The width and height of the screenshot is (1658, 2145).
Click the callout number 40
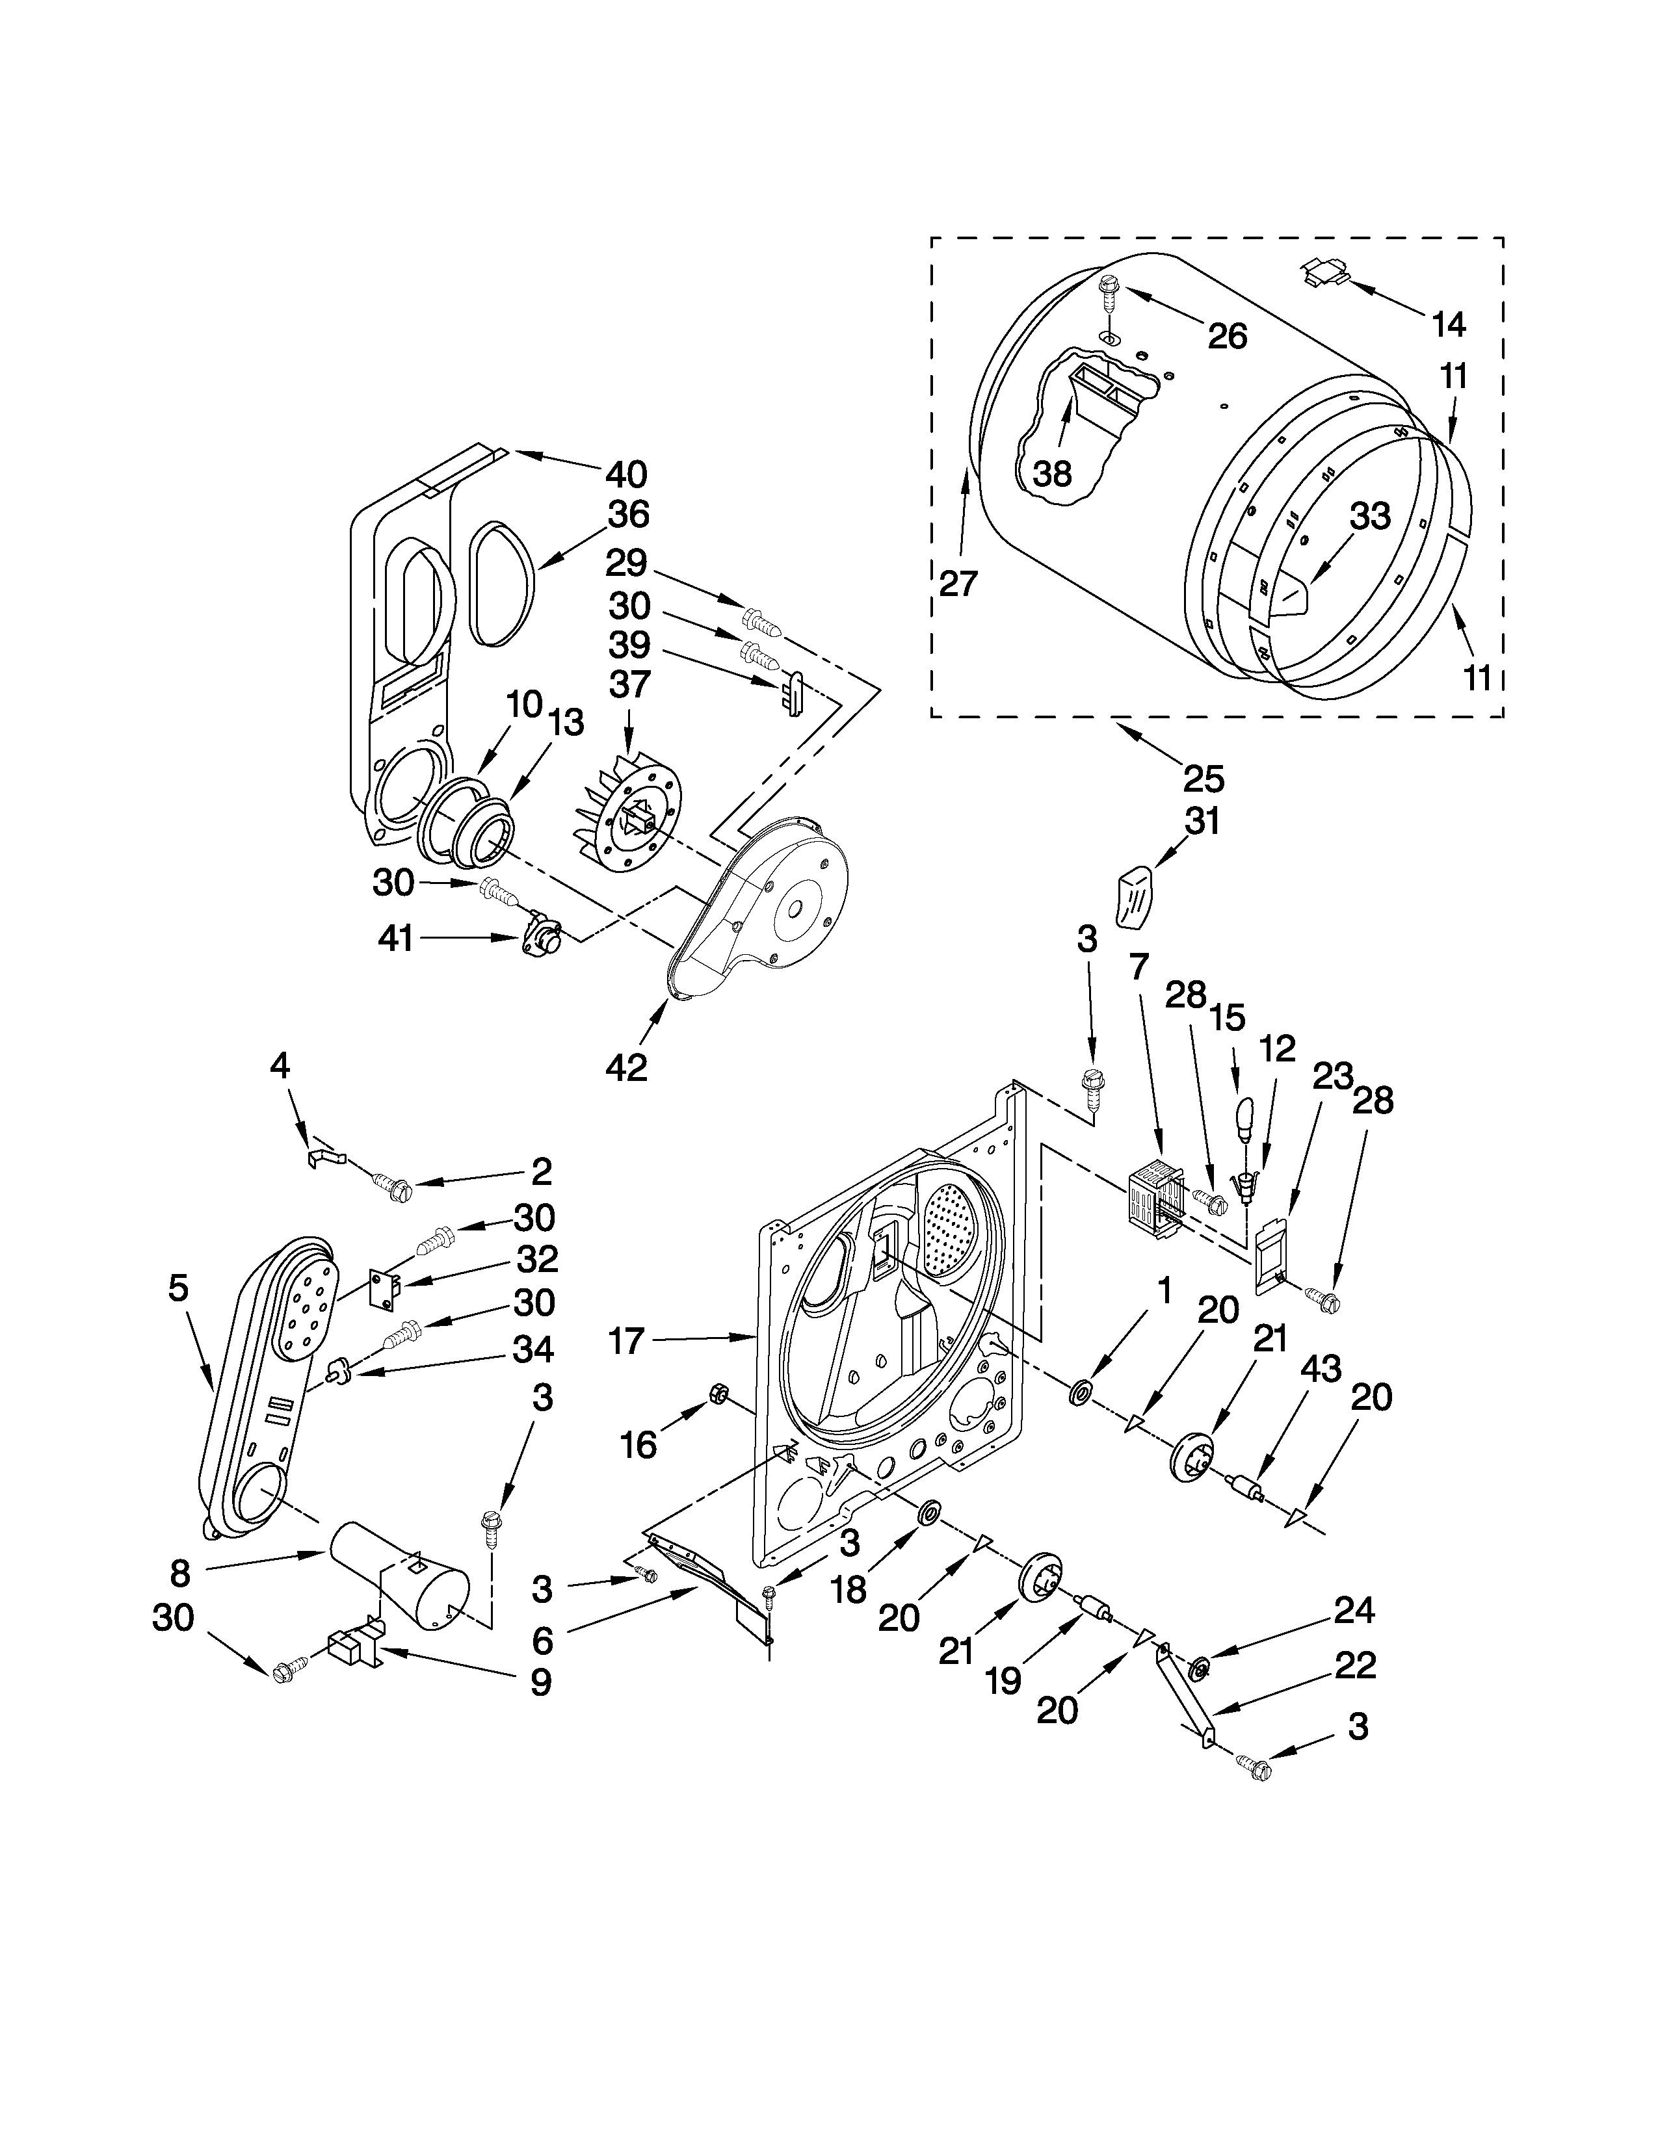pos(625,474)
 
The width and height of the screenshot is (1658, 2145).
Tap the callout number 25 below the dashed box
pos(1204,779)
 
